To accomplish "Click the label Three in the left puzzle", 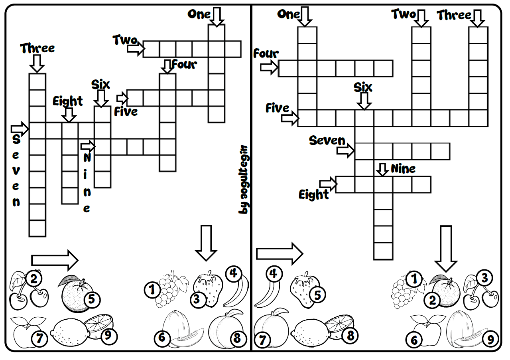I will pos(37,48).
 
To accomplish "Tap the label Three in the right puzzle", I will pos(454,16).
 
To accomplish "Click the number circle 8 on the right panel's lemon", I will pos(350,335).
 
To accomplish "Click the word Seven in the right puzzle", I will pos(327,140).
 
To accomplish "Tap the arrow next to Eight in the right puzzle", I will pos(328,184).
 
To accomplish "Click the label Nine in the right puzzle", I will pos(403,169).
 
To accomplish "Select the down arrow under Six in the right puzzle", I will pos(363,101).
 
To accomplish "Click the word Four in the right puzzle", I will pos(266,53).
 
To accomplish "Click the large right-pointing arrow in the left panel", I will pos(55,260).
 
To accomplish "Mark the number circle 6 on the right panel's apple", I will pos(414,340).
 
